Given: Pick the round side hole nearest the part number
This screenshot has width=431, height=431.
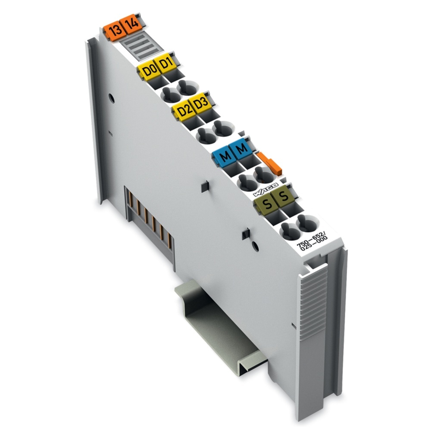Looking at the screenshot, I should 255,246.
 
